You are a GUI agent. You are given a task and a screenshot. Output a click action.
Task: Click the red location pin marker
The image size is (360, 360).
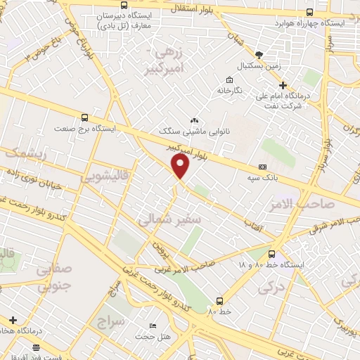[181, 166]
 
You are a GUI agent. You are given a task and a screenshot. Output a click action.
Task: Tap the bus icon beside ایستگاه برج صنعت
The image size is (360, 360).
[85, 118]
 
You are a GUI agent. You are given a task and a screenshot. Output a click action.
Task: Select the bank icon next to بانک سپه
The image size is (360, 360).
[263, 167]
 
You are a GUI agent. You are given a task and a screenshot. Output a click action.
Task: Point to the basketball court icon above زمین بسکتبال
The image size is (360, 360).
[259, 55]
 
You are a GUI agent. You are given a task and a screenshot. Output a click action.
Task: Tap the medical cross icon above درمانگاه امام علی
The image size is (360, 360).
[283, 84]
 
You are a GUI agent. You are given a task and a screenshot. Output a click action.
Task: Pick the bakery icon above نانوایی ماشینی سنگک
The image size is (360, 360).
[194, 121]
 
